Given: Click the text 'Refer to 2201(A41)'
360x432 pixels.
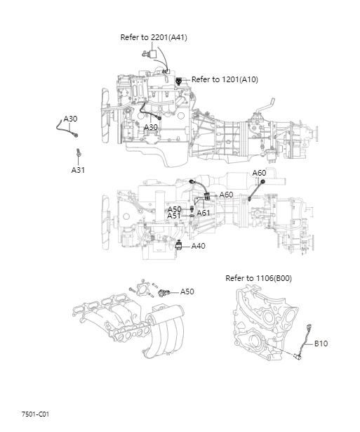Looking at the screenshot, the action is click(154, 37).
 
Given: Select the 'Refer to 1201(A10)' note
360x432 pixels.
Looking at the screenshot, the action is click(225, 79).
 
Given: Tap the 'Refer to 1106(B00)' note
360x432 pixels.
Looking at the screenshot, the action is click(259, 278).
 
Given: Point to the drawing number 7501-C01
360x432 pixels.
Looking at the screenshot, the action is click(35, 414).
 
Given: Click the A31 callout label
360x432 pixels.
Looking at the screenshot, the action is click(78, 170).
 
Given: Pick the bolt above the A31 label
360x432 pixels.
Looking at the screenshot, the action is click(78, 152).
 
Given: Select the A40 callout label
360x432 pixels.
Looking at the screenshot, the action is click(198, 246).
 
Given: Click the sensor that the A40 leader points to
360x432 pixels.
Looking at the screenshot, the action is click(179, 245).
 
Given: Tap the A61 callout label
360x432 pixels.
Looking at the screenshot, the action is click(203, 213).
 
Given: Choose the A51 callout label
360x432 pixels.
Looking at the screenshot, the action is click(174, 216).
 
